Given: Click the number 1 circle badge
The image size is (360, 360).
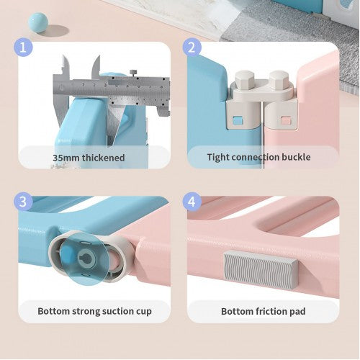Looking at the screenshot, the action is coord(23,48).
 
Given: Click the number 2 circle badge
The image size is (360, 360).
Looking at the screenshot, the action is coord(192,48).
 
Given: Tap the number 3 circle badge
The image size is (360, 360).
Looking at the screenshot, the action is coord(23,202).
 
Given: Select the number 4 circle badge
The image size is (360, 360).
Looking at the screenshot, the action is coord(192,202).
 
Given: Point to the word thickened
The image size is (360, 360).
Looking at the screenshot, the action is coord(104,158).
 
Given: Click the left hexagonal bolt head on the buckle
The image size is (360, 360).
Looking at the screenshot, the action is coord(245,78).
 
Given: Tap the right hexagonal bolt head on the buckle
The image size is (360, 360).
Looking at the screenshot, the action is coord(279,78).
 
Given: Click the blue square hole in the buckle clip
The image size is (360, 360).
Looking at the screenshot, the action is coord(238,120).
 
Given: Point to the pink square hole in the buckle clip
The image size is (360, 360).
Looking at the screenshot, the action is coord(286,120).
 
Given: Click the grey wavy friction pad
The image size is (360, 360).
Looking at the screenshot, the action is coord(261,269).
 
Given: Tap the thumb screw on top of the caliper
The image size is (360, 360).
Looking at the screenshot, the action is coord(133,72).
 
